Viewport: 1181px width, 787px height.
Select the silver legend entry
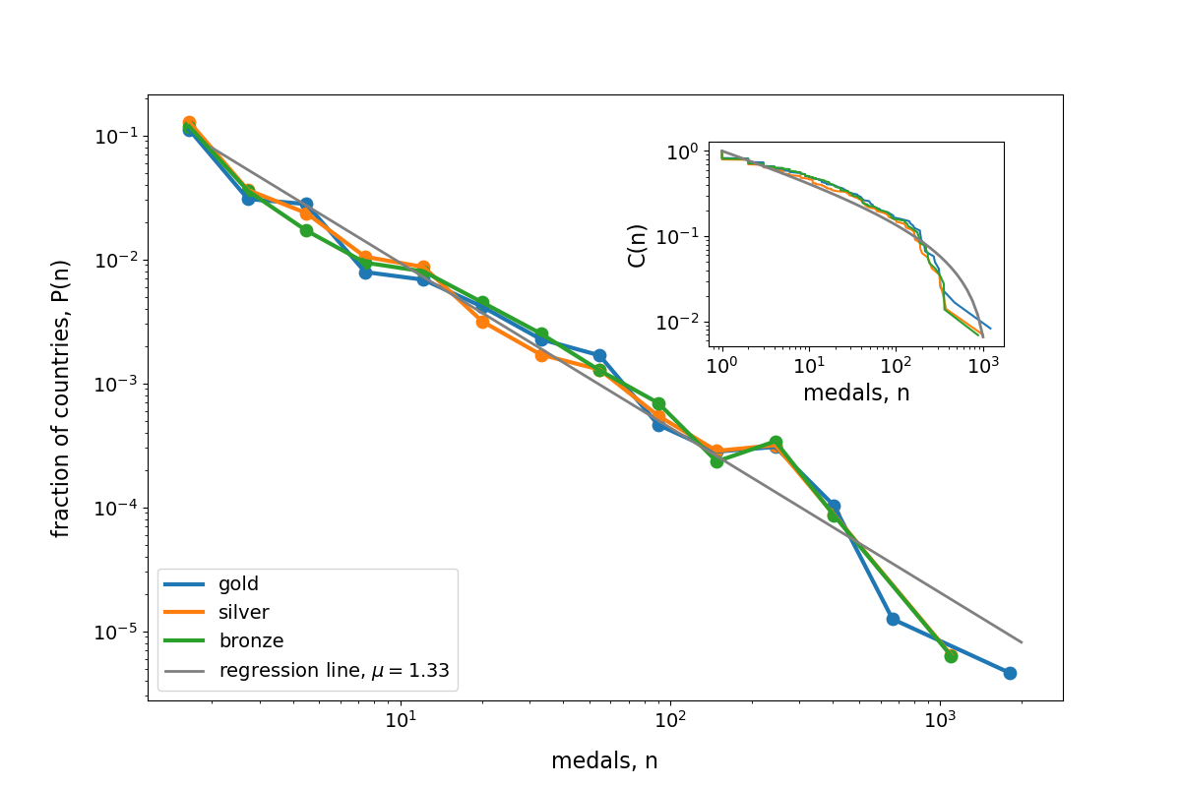pyautogui.click(x=243, y=613)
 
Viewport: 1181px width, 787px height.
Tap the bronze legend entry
pyautogui.click(x=251, y=641)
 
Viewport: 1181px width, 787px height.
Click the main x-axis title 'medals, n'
pyautogui.click(x=604, y=760)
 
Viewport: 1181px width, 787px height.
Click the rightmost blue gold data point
pyautogui.click(x=1010, y=673)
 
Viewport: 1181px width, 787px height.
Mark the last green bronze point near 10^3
pyautogui.click(x=951, y=656)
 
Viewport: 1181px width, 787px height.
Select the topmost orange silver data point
pyautogui.click(x=189, y=123)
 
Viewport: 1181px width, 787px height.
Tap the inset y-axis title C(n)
pyautogui.click(x=637, y=244)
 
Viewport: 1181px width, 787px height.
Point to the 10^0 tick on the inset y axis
pyautogui.click(x=685, y=151)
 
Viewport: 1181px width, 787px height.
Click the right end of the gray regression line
pyautogui.click(x=1022, y=642)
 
